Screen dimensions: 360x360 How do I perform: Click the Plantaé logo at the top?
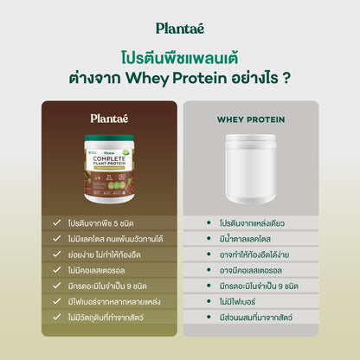pos(180,28)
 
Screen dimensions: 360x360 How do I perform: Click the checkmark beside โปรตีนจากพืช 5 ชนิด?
pos(56,222)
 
